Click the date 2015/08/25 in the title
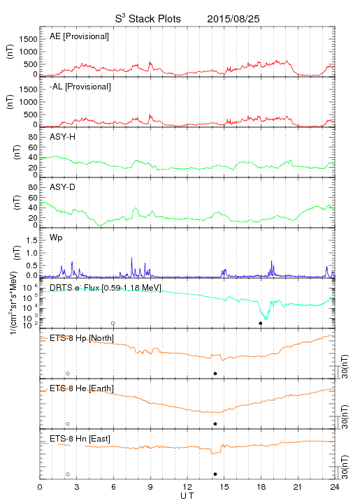click(233, 19)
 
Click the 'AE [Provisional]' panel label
click(79, 36)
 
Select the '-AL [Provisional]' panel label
click(80, 87)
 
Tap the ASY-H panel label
click(63, 137)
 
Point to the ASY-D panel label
click(63, 187)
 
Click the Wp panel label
click(56, 238)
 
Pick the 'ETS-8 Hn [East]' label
click(80, 439)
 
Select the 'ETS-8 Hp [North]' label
click(82, 338)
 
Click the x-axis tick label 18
click(261, 487)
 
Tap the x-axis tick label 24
click(335, 487)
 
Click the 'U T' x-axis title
click(187, 496)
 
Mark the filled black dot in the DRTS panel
click(261, 323)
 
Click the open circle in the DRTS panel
click(113, 323)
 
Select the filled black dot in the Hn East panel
click(215, 474)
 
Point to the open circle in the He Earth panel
click(68, 424)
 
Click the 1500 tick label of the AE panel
click(28, 39)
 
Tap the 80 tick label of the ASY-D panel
click(33, 187)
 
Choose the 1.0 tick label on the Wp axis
click(31, 253)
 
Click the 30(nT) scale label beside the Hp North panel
click(345, 366)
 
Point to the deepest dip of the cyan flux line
click(266, 319)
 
